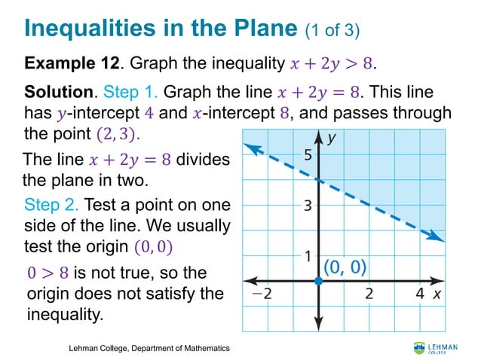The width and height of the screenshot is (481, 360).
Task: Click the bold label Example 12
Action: pos(67,62)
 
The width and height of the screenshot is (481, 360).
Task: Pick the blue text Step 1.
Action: pos(130,93)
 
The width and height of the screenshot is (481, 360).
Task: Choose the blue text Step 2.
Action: pos(52,205)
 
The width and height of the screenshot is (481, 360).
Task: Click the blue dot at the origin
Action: pos(318,280)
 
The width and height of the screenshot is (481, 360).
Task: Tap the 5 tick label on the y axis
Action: pos(308,156)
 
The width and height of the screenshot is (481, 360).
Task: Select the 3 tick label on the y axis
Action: pos(308,206)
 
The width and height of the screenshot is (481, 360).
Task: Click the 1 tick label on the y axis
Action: pos(308,256)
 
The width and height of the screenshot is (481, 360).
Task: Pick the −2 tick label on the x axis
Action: pos(262,294)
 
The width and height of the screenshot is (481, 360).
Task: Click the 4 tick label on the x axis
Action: pos(419,294)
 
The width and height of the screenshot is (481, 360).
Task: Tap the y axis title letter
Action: pos(332,139)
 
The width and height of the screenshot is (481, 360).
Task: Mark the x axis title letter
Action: pos(437,294)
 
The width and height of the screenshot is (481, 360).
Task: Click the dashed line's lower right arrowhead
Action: pos(436,237)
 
